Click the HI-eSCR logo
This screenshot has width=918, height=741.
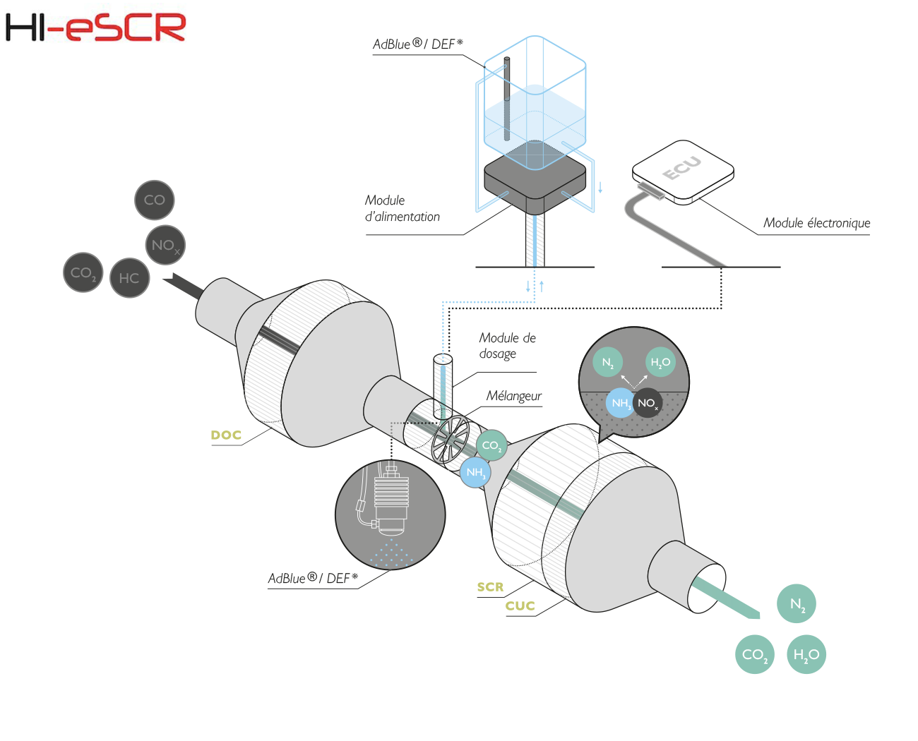coord(95,27)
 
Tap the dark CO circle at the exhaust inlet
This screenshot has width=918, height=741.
coord(154,200)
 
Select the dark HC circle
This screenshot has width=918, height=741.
coord(129,278)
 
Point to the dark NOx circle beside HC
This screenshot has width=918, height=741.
coord(165,245)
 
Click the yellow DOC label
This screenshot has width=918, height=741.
coord(226,435)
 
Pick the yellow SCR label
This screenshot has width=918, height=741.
coord(490,587)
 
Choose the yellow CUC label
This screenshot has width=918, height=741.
coord(520,606)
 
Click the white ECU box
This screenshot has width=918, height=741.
coord(683,172)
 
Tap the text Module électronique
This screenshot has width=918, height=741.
coord(817,222)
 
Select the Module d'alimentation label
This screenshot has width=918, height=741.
coord(402,208)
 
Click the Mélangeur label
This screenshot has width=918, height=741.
coord(514,395)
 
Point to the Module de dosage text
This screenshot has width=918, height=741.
coord(507,345)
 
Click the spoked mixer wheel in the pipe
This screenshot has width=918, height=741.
coord(450,439)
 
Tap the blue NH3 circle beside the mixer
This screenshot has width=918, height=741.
coord(475,472)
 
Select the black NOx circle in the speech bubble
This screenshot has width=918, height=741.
coord(648,403)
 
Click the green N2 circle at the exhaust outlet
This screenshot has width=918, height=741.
coord(796,603)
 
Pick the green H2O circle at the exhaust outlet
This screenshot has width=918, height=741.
coord(806,654)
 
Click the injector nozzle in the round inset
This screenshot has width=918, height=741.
coord(391,500)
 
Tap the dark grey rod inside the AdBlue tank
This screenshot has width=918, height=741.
coord(507,99)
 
